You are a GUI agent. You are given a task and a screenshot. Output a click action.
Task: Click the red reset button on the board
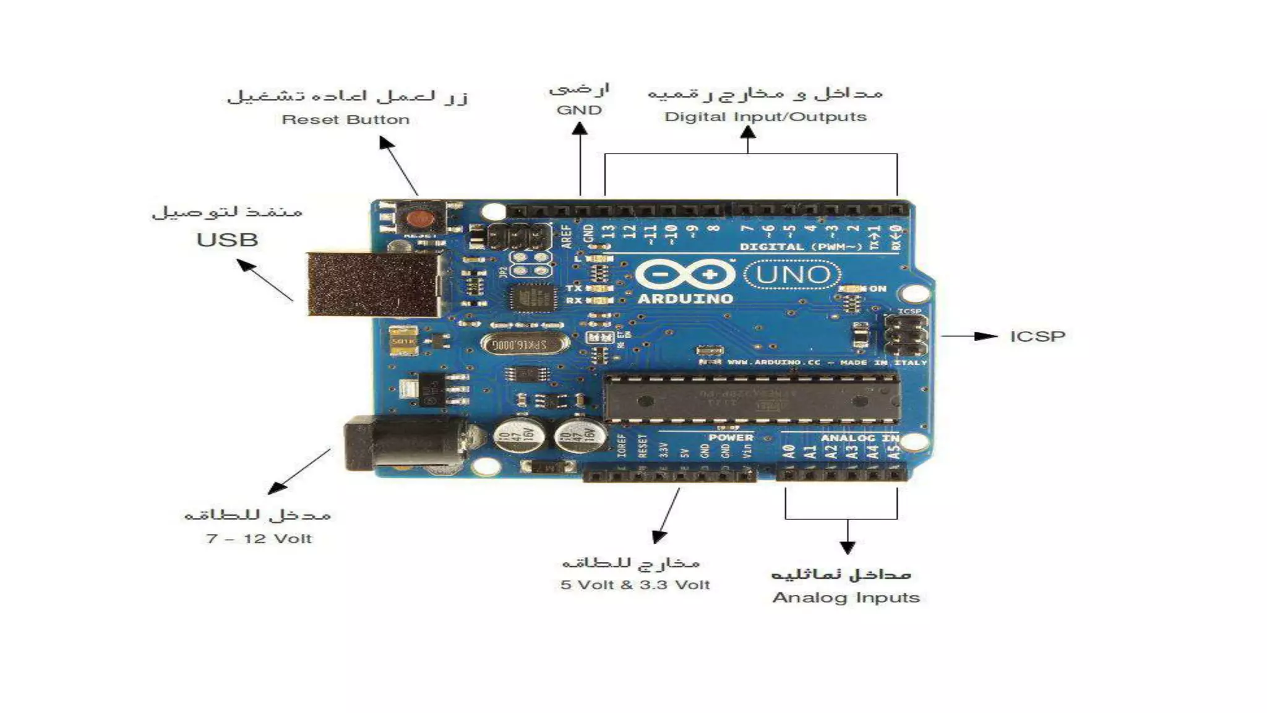point(420,218)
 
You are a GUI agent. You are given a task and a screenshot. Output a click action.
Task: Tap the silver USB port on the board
point(374,284)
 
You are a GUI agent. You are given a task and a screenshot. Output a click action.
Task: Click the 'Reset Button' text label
point(345,119)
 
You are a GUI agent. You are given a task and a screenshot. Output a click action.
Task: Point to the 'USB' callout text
point(227,240)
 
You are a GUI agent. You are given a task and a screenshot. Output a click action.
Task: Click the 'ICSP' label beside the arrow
point(1037,337)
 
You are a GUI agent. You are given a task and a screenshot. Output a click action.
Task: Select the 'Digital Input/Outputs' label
point(765,117)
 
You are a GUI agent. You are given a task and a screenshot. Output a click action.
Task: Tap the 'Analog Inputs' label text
point(846,598)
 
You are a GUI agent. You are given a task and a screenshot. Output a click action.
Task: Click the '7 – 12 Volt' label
point(259,538)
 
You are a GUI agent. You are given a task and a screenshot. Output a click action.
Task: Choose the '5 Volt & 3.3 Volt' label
point(635,585)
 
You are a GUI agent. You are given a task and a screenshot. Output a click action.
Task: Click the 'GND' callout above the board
point(579,110)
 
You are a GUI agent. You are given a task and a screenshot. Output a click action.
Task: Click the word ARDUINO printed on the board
point(685,299)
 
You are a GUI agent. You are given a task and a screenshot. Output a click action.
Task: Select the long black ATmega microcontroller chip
point(750,399)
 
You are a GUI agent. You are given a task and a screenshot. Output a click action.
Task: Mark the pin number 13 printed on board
point(609,232)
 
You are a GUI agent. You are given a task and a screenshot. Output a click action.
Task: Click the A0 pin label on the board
point(789,452)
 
